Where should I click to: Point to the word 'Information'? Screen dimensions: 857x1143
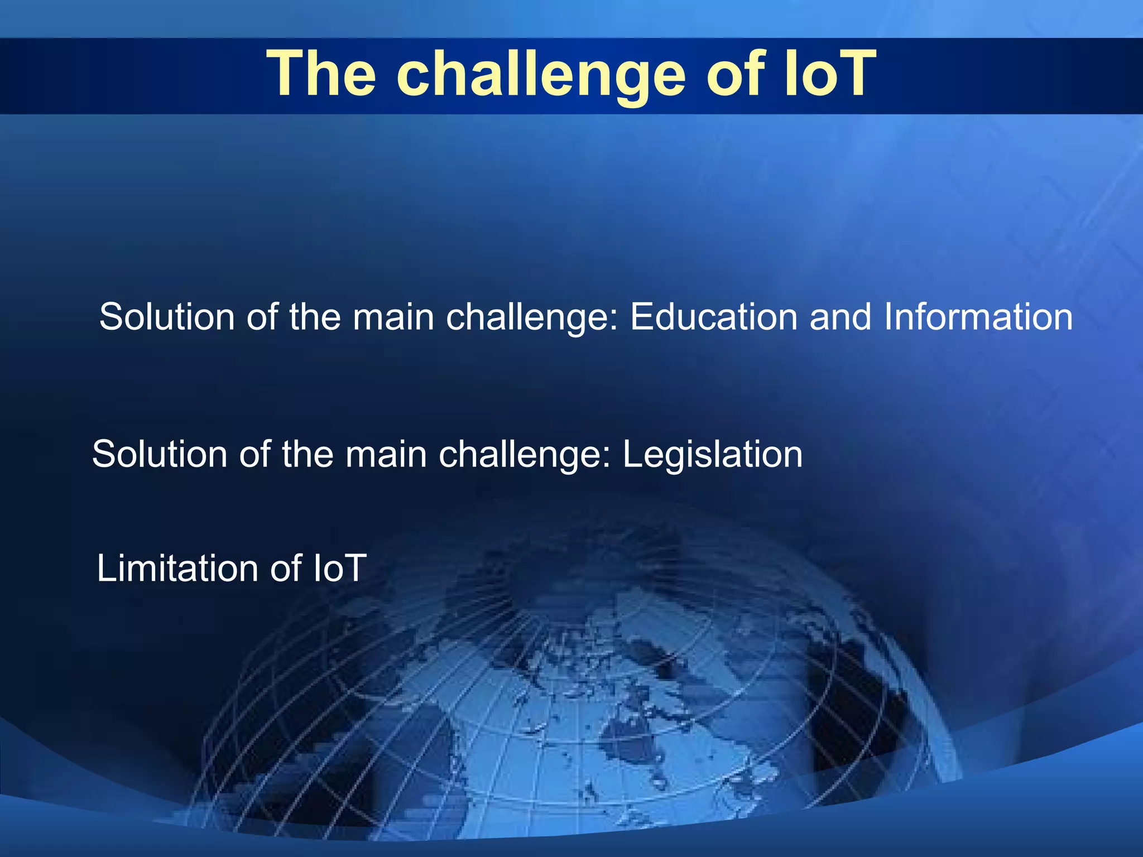[978, 317]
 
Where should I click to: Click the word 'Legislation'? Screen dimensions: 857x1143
[712, 454]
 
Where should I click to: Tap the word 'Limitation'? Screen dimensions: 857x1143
[177, 569]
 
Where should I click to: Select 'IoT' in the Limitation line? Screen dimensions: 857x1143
[339, 569]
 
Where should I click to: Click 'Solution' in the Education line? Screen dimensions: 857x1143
[167, 317]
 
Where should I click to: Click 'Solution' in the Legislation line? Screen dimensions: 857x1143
[160, 454]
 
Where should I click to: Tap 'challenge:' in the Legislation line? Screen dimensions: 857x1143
[525, 454]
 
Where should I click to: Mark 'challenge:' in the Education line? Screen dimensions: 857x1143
[532, 317]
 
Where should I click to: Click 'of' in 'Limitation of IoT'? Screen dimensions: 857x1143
[286, 569]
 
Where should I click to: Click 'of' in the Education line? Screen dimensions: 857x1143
[262, 317]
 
